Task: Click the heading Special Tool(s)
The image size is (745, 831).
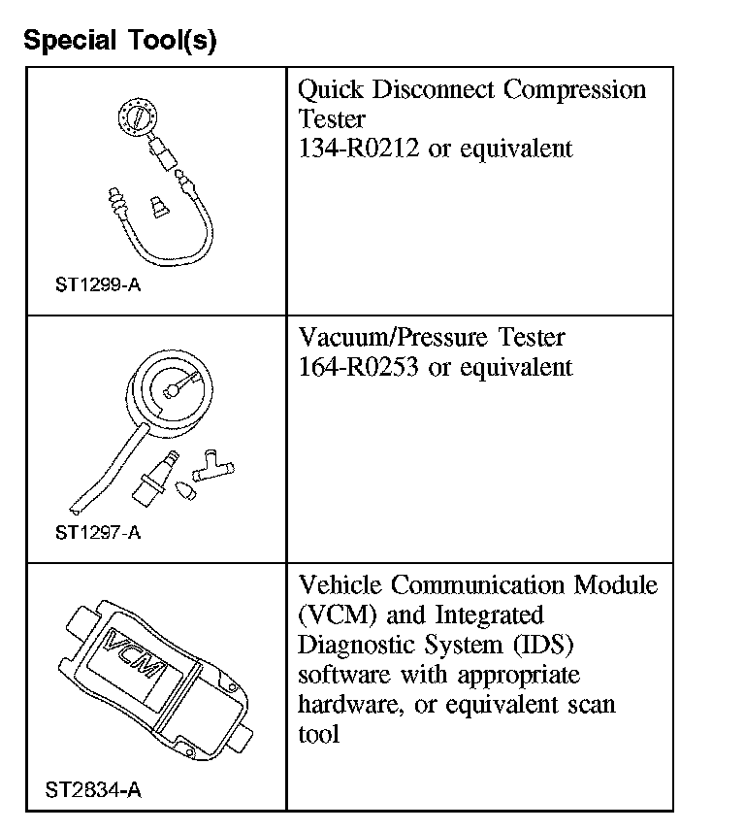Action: tap(119, 41)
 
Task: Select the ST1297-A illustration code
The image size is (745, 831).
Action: tap(98, 532)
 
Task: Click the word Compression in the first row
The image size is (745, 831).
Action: tap(573, 90)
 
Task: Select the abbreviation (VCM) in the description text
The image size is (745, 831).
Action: tap(332, 615)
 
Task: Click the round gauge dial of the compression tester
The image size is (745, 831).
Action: tap(135, 121)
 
